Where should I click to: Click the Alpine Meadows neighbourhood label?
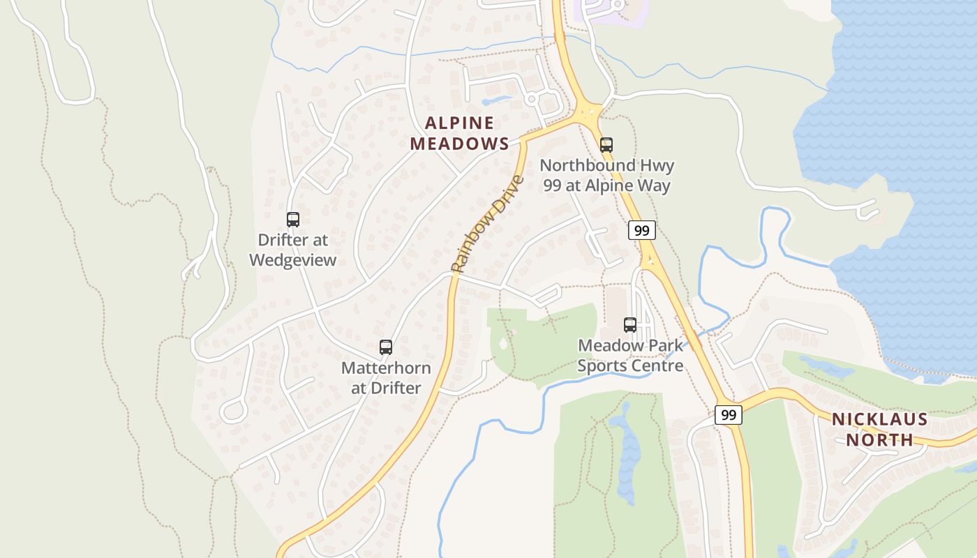tap(459, 133)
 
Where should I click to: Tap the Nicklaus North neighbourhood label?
tap(879, 429)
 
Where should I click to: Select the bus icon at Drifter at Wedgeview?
tap(293, 220)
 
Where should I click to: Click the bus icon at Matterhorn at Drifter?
tap(386, 347)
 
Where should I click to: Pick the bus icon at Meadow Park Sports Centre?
tap(630, 324)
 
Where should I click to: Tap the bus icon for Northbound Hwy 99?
tap(606, 145)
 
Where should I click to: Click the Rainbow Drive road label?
tap(486, 224)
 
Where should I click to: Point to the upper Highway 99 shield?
tap(641, 230)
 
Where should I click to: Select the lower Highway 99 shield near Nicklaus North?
tap(729, 415)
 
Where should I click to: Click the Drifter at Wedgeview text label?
tap(293, 250)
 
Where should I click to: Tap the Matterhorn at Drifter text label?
tap(386, 377)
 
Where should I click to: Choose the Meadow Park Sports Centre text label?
tap(630, 355)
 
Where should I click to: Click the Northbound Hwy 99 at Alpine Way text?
tap(606, 175)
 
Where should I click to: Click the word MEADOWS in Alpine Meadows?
tap(459, 144)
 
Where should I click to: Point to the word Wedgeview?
tap(293, 260)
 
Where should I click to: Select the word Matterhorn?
tap(386, 368)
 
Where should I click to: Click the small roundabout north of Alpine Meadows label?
tap(532, 99)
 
